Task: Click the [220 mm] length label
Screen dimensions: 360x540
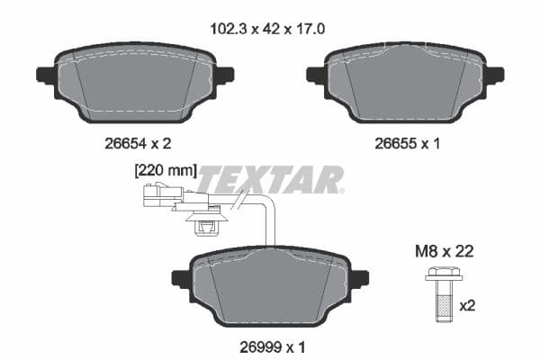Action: [164, 170]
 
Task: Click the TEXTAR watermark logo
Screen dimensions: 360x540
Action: [270, 180]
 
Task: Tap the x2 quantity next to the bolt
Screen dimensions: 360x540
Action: [468, 306]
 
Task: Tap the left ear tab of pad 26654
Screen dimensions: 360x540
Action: [43, 75]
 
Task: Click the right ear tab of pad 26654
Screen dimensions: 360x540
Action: [225, 75]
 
